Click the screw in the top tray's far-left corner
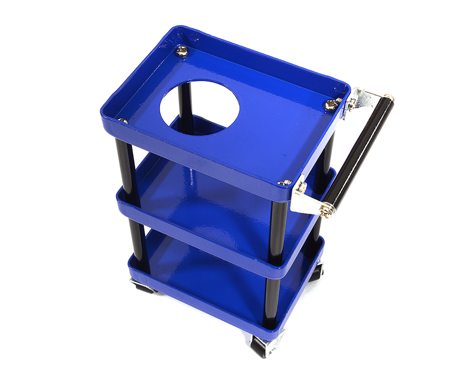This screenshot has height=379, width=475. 181,51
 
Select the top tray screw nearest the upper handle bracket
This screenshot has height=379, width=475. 331,104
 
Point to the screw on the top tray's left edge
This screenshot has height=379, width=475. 123,121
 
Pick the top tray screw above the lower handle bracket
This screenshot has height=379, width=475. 285,182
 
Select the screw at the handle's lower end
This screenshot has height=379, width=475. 326,209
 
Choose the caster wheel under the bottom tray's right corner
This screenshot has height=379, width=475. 316,273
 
